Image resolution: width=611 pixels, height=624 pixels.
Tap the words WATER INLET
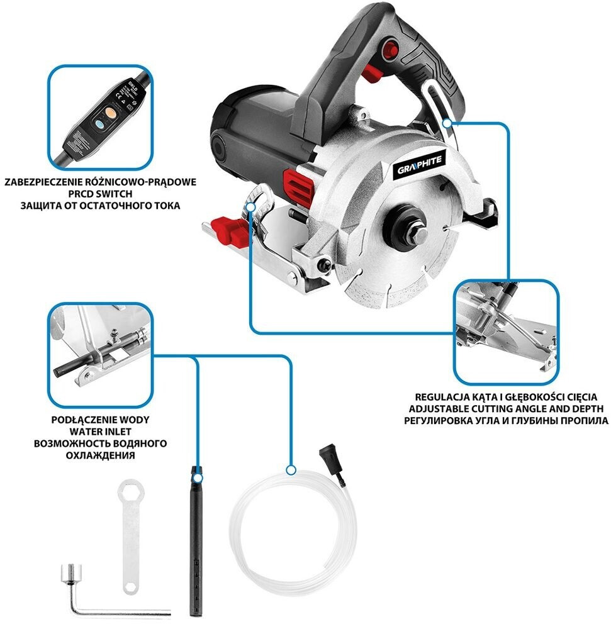101,432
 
